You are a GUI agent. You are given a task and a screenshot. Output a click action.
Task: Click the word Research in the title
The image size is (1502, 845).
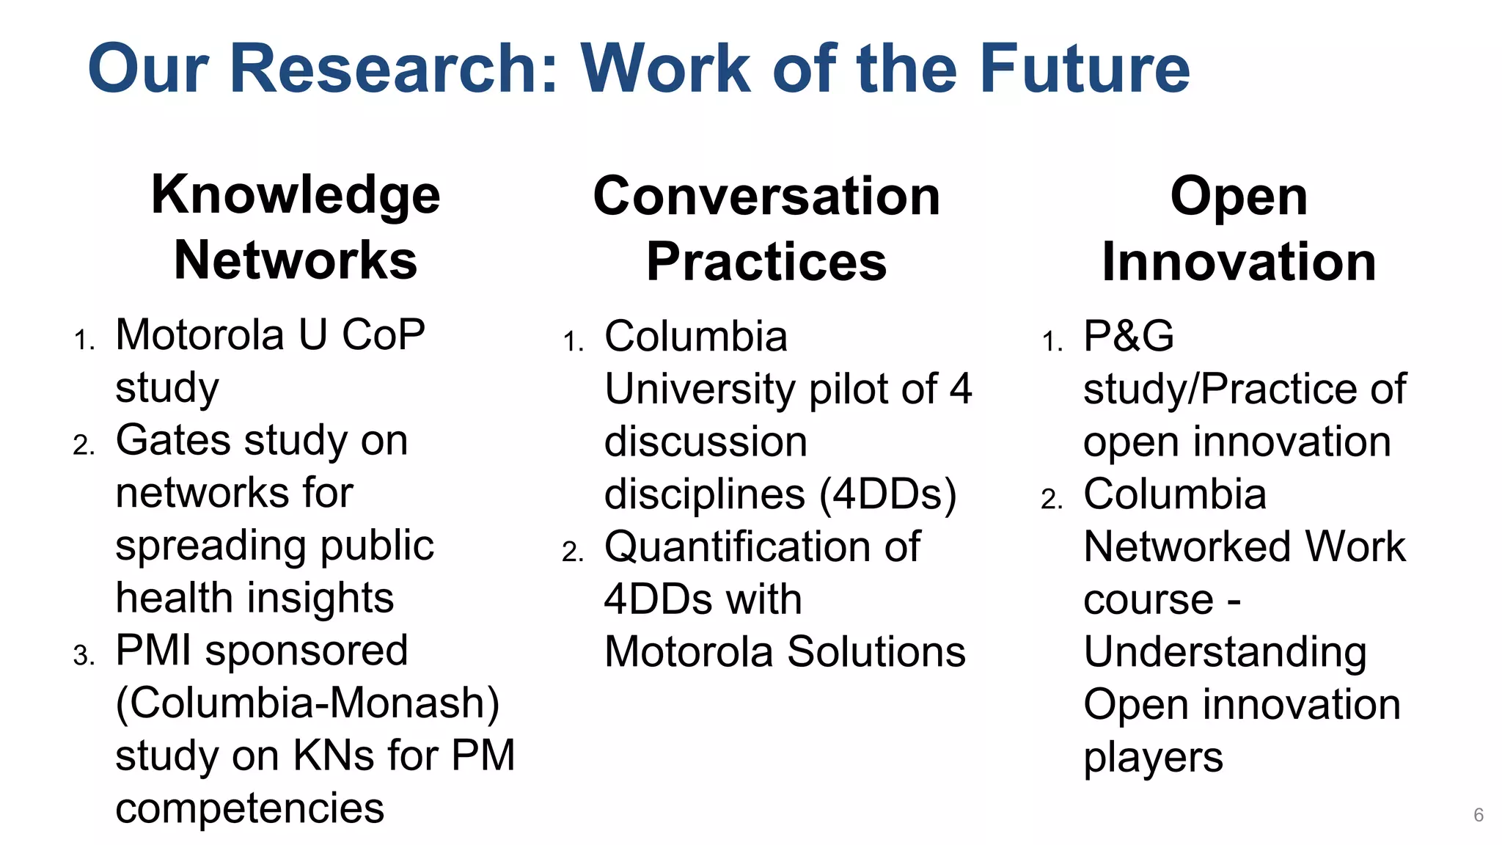pos(394,68)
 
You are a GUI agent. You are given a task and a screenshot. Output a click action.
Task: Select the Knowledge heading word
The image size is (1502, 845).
pos(296,196)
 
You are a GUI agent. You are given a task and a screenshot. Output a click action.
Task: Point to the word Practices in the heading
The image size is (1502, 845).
pos(766,262)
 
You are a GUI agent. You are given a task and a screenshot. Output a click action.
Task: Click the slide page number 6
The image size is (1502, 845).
pos(1479,815)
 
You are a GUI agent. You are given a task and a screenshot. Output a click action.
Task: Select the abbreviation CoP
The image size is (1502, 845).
pos(384,335)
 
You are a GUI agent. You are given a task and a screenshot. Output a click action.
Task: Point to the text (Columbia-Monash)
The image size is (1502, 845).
pos(307,703)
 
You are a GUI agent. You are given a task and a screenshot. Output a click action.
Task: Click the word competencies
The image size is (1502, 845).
pos(249,808)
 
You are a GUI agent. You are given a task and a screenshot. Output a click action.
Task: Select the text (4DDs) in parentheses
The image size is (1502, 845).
pos(888,494)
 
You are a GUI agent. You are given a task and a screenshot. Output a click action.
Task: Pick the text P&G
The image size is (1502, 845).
pos(1129,337)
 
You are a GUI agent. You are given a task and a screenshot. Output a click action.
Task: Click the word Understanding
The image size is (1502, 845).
pos(1225,652)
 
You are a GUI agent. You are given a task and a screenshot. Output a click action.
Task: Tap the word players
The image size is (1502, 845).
pos(1153,758)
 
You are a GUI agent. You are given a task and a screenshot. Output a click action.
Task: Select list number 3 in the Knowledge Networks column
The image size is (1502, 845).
pos(84,655)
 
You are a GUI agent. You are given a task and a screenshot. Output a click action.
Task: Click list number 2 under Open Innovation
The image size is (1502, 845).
pos(1052,500)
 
